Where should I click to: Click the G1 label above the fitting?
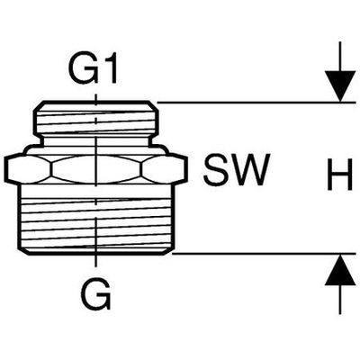(94, 69)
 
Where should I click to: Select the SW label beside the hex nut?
(236, 169)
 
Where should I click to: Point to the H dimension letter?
(340, 175)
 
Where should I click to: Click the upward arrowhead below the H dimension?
(340, 269)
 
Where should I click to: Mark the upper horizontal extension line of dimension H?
(256, 103)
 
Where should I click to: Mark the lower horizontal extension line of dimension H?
(264, 254)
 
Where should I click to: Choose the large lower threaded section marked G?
(95, 218)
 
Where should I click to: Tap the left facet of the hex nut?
(29, 169)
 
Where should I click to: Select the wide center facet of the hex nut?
(96, 169)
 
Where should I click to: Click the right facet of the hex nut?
(165, 169)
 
